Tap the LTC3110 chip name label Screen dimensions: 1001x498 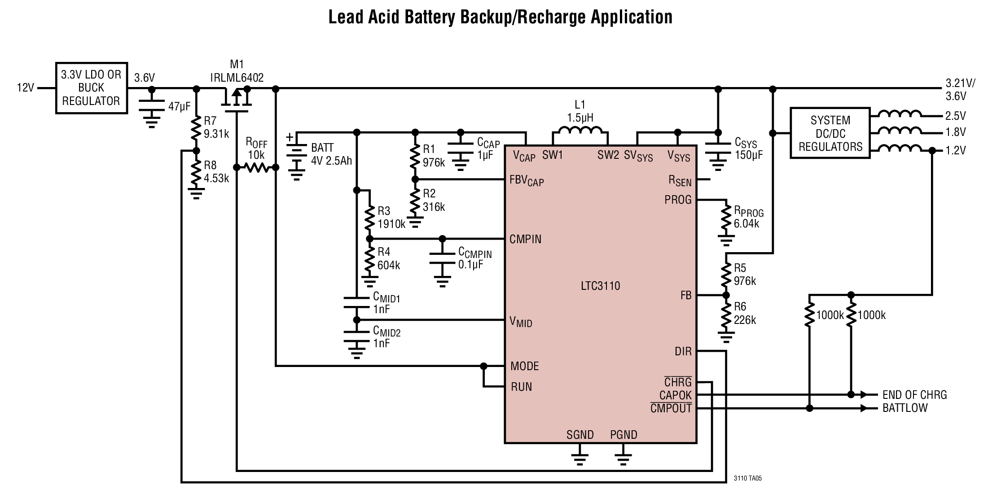(x=600, y=286)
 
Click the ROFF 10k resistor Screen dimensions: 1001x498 (x=256, y=168)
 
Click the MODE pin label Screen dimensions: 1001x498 (x=525, y=366)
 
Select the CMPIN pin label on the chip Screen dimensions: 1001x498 (x=526, y=239)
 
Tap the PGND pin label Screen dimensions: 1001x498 (x=623, y=435)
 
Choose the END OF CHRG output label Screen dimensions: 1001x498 (x=915, y=395)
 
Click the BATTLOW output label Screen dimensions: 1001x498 (x=905, y=408)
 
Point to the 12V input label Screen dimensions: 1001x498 (x=25, y=88)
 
